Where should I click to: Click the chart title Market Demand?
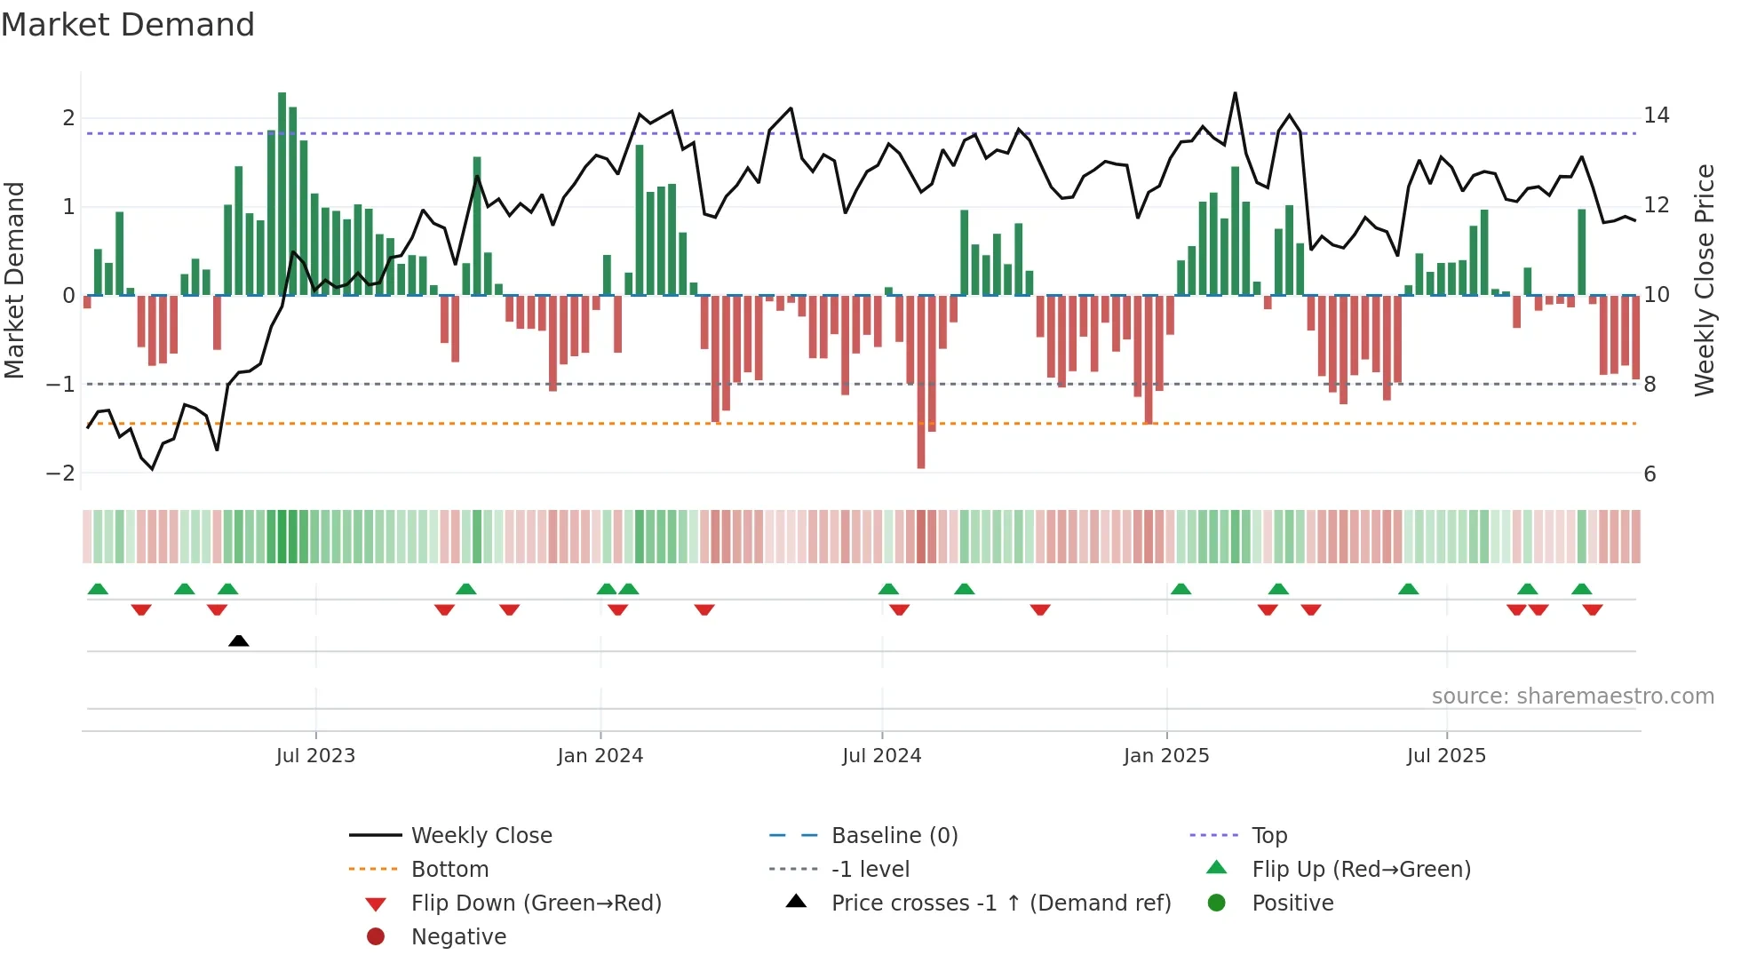coord(128,25)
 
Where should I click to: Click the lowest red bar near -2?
coord(921,382)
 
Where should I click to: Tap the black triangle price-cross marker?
coord(238,641)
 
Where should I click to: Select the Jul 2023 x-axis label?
coord(315,756)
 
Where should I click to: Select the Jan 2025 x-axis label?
coord(1166,756)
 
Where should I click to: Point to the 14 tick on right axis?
coord(1656,115)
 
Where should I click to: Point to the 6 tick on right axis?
coord(1650,474)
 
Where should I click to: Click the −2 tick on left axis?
coord(60,474)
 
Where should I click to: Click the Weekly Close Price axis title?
coord(1704,280)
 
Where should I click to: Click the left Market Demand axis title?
coord(14,280)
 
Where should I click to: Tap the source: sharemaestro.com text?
coord(1572,696)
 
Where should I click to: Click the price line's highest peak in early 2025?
coord(1235,93)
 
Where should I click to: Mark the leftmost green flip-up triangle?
coord(98,589)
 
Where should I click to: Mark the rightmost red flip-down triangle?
coord(1593,609)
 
